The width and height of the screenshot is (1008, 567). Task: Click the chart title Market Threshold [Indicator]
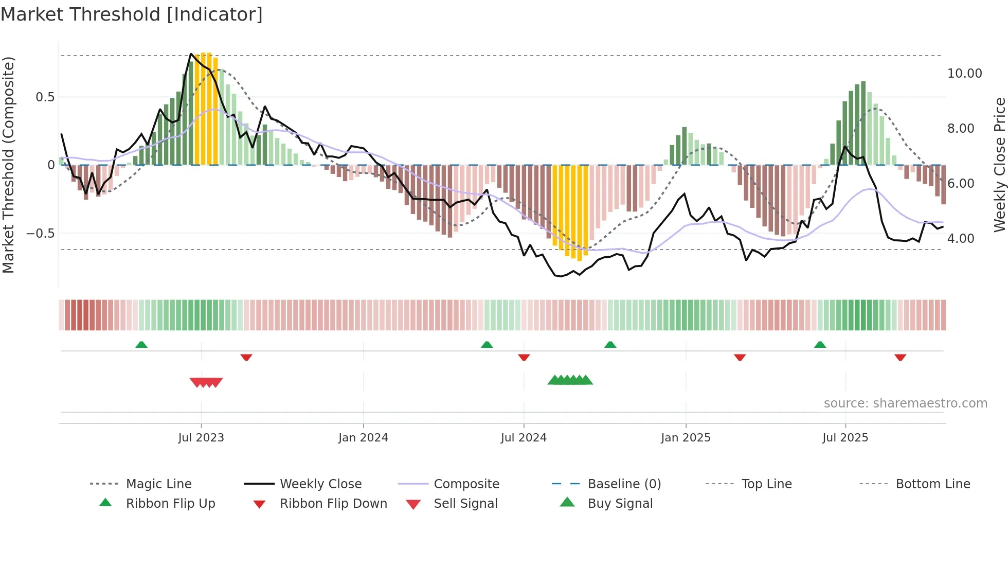point(132,14)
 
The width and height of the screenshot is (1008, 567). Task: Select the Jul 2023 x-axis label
point(201,437)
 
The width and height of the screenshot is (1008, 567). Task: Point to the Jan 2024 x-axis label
point(363,437)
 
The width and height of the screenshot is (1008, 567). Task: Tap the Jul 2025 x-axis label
point(845,437)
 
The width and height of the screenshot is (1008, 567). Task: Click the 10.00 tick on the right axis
point(964,74)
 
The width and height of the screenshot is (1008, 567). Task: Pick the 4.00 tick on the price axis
point(960,239)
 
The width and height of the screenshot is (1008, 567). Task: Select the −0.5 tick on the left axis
point(41,234)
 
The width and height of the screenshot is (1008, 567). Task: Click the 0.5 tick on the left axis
point(45,97)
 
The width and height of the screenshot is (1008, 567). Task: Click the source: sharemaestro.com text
point(905,403)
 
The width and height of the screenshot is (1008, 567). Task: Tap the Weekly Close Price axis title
point(999,165)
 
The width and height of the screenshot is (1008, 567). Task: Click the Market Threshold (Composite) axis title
point(8,165)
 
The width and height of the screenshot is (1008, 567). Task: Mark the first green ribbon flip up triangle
point(141,345)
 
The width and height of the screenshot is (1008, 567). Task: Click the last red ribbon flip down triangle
point(900,357)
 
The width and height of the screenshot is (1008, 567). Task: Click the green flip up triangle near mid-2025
point(820,345)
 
